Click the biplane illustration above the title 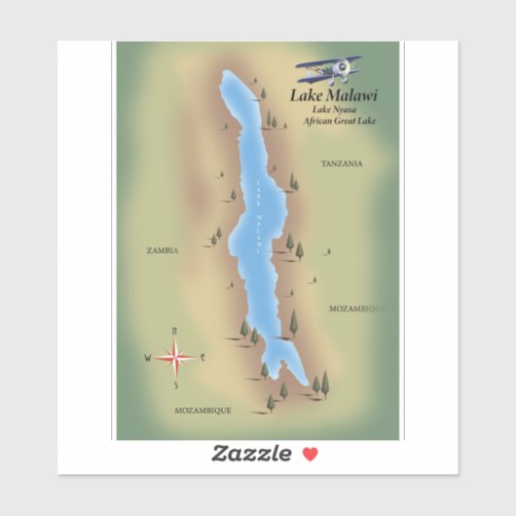(x=329, y=69)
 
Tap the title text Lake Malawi (x=334, y=95)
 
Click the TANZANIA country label (x=342, y=164)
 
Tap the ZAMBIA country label (x=162, y=250)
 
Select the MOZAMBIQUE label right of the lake (x=356, y=308)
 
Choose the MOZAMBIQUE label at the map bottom (x=203, y=411)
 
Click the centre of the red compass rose (x=175, y=358)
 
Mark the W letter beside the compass (x=148, y=358)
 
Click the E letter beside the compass (x=203, y=358)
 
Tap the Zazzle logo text (x=251, y=453)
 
